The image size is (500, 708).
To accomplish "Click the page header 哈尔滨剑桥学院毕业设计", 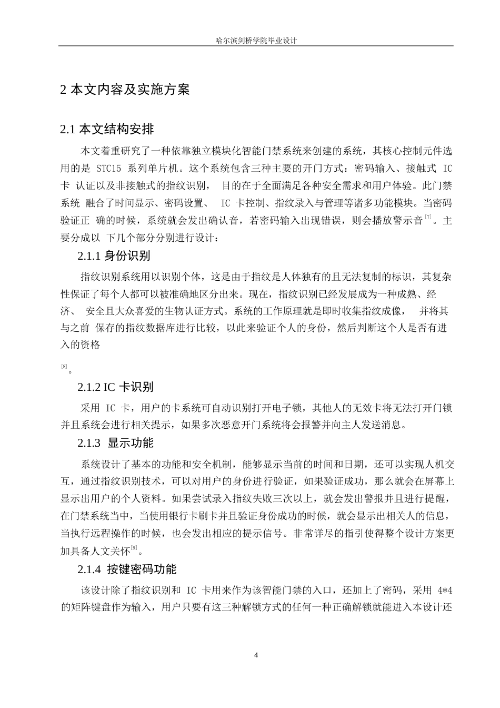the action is coord(256,40).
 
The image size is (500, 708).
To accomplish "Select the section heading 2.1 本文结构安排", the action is coord(107,129).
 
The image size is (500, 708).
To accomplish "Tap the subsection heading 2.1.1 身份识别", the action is coord(114,256).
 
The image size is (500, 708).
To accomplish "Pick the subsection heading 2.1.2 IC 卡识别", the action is coord(115,387).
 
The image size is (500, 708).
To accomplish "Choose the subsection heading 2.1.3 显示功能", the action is coord(115,442).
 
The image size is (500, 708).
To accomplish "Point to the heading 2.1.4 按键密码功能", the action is coord(127,569).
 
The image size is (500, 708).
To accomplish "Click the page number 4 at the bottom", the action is coord(256,655).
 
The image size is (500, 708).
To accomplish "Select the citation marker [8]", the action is coord(64,366).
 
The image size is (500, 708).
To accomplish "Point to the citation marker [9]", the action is coord(134,548).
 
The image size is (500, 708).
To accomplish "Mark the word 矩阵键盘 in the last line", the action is coord(93,607).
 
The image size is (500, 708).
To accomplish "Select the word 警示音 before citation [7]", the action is coord(407,221).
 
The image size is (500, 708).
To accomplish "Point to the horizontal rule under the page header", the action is coord(256,46).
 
